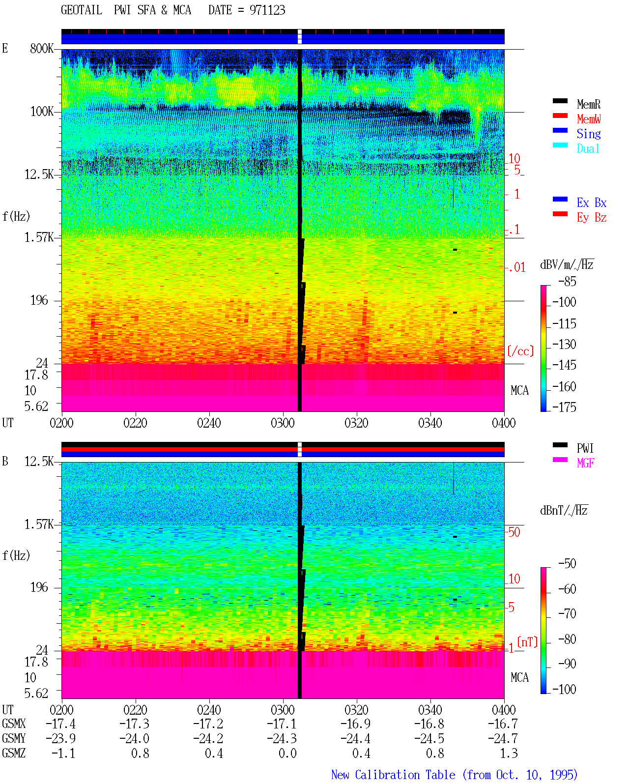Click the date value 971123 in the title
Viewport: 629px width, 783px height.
click(267, 10)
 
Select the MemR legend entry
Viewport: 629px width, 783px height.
click(588, 104)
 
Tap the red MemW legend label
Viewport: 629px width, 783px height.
click(588, 119)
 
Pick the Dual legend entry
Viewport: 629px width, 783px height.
click(588, 148)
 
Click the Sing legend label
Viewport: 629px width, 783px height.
click(588, 134)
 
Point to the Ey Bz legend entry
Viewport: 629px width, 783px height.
click(591, 218)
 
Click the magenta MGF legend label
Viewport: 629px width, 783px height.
click(585, 463)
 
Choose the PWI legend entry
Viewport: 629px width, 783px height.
click(585, 448)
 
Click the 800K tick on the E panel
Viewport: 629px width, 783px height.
click(42, 48)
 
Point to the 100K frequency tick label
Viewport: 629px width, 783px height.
click(42, 112)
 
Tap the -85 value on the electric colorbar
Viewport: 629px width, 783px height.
click(567, 281)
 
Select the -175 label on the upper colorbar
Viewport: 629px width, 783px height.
click(564, 407)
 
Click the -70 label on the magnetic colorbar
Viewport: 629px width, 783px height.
click(567, 614)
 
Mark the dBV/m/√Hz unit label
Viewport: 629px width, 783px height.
click(567, 264)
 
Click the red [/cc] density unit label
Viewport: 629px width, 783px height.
click(520, 351)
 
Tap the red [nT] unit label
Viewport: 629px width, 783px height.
click(527, 642)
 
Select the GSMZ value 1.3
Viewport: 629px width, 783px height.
click(509, 753)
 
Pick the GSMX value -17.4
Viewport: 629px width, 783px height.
click(61, 724)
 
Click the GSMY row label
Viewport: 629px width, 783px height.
click(14, 738)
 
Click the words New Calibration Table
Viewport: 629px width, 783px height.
click(393, 775)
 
